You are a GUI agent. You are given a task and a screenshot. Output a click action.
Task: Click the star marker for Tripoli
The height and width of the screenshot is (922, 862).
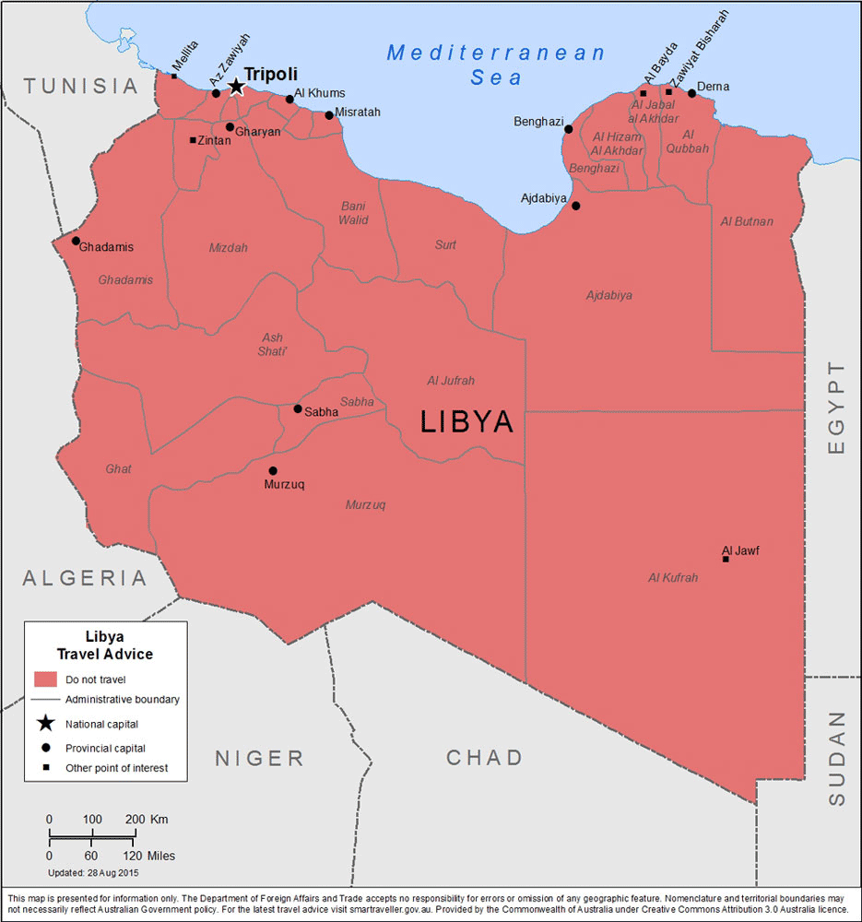click(236, 87)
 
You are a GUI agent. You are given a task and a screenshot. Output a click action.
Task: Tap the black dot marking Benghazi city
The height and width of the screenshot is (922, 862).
click(568, 129)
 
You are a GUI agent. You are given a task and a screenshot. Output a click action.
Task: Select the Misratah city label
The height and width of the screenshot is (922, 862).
click(358, 112)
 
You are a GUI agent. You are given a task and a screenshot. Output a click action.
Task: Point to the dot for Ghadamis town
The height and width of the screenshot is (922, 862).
click(76, 241)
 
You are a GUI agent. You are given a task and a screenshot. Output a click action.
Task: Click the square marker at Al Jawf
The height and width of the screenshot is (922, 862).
click(726, 559)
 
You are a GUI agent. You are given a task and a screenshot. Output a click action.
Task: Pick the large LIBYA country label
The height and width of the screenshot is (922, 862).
click(466, 421)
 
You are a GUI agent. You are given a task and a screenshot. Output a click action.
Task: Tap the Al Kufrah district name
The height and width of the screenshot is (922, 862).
click(672, 578)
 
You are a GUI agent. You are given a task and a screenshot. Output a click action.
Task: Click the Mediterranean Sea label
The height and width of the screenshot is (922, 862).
click(497, 65)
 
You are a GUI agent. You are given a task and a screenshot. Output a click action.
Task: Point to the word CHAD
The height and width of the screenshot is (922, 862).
click(485, 758)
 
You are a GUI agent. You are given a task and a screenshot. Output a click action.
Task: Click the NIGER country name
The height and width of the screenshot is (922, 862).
click(259, 759)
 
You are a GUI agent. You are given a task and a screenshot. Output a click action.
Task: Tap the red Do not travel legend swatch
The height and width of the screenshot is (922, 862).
click(46, 680)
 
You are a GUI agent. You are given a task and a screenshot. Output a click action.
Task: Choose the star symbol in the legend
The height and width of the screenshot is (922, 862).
click(46, 724)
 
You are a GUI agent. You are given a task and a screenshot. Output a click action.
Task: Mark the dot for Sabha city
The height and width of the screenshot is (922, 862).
click(297, 408)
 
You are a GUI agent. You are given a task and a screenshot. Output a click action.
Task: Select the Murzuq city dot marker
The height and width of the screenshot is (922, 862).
click(273, 470)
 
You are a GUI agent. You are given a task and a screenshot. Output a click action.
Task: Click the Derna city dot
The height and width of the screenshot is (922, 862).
click(691, 93)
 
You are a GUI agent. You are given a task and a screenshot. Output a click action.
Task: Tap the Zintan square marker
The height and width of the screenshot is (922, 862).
click(193, 140)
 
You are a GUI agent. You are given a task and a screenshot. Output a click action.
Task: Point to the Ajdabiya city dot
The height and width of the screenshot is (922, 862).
click(576, 206)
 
